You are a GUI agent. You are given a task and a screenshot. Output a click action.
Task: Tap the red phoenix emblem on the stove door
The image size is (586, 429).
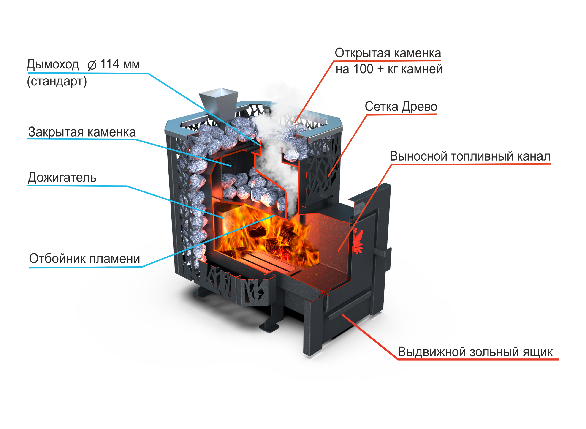(x=359, y=240)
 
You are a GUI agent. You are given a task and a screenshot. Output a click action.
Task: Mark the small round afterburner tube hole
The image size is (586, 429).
(x=231, y=164)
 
